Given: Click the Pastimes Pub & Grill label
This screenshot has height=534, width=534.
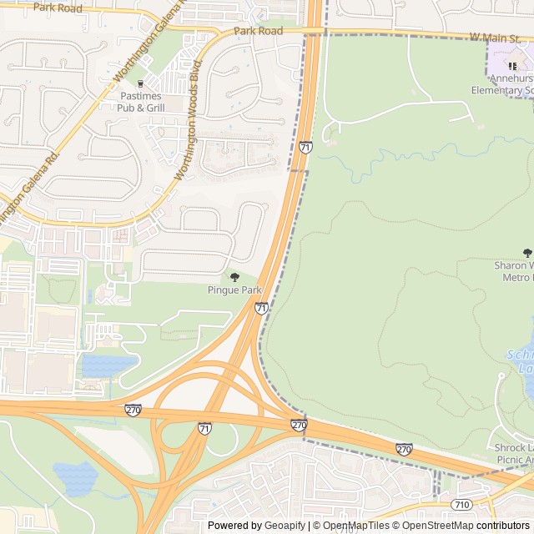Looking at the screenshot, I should [x=140, y=102].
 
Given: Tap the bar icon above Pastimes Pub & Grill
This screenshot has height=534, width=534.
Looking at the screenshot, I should [x=140, y=83].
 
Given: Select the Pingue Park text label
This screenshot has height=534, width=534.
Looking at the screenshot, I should [x=234, y=290].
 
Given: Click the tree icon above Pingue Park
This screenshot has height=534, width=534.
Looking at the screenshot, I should [x=234, y=277].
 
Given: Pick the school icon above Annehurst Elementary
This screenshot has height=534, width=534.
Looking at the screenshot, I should [x=513, y=65].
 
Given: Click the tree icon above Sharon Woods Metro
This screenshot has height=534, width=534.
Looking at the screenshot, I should [x=526, y=252].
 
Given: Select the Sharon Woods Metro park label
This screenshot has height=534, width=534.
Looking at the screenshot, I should [x=513, y=270].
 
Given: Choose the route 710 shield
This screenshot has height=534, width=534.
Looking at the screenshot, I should [x=461, y=505].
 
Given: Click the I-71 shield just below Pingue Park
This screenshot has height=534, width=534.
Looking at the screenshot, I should [x=262, y=309].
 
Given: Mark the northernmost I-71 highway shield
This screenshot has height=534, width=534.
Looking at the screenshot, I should [x=305, y=147].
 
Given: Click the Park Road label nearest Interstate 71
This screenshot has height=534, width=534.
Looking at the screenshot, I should [x=258, y=31].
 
